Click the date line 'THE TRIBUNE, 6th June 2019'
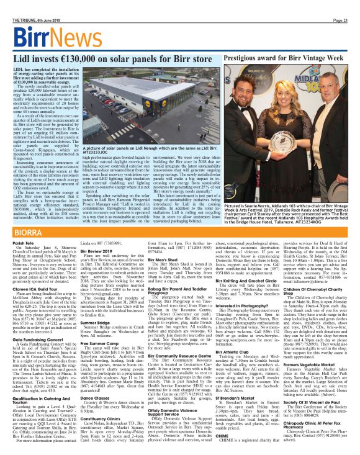tap(31, 4)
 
